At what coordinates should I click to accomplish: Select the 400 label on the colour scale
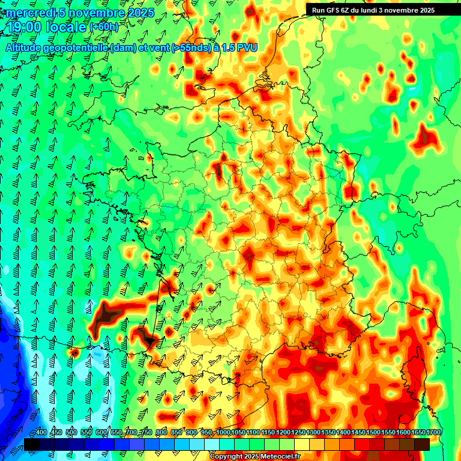(x=41, y=433)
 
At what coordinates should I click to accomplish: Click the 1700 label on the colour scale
(x=434, y=433)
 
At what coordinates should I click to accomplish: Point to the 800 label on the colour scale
(x=161, y=433)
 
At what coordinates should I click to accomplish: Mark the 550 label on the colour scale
(x=86, y=433)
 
